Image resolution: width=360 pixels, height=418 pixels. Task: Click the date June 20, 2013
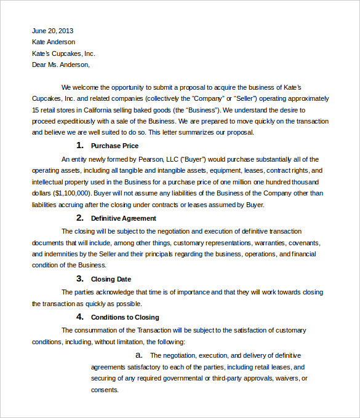tap(52, 30)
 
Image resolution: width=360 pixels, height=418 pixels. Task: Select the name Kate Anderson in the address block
tap(54, 42)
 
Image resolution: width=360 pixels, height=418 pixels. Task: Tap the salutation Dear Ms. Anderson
tap(61, 65)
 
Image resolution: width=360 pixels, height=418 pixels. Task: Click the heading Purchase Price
tap(114, 146)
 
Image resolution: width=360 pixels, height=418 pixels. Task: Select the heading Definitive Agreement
tap(124, 218)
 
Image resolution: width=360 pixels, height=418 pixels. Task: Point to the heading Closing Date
tap(111, 279)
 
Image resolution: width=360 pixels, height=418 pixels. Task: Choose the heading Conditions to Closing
tap(125, 317)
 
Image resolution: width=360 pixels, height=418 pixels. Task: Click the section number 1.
tap(79, 146)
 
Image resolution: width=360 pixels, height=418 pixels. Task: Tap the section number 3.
tap(79, 279)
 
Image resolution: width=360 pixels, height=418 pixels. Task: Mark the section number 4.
tap(79, 317)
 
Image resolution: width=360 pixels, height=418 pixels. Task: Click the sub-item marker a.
tap(139, 355)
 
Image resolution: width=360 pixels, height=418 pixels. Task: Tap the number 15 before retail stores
tap(36, 110)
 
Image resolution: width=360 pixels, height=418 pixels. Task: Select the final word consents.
tap(105, 390)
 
